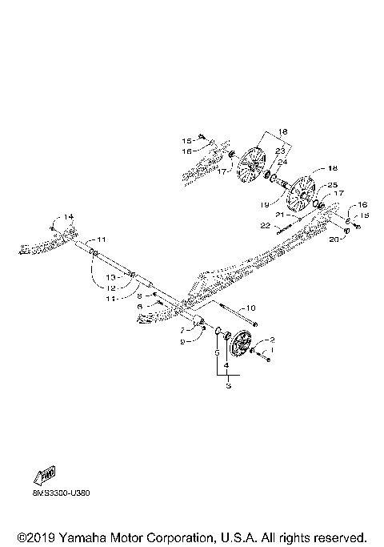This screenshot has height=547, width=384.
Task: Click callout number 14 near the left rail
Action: point(69,217)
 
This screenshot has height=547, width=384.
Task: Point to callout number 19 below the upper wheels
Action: point(264,205)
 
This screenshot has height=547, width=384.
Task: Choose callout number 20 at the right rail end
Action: point(334,238)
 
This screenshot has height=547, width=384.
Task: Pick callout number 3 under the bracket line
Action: point(229,386)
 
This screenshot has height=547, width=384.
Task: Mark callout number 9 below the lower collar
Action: point(182,342)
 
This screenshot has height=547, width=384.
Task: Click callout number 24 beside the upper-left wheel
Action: point(282,162)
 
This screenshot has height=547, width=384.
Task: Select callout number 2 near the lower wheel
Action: point(272,340)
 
